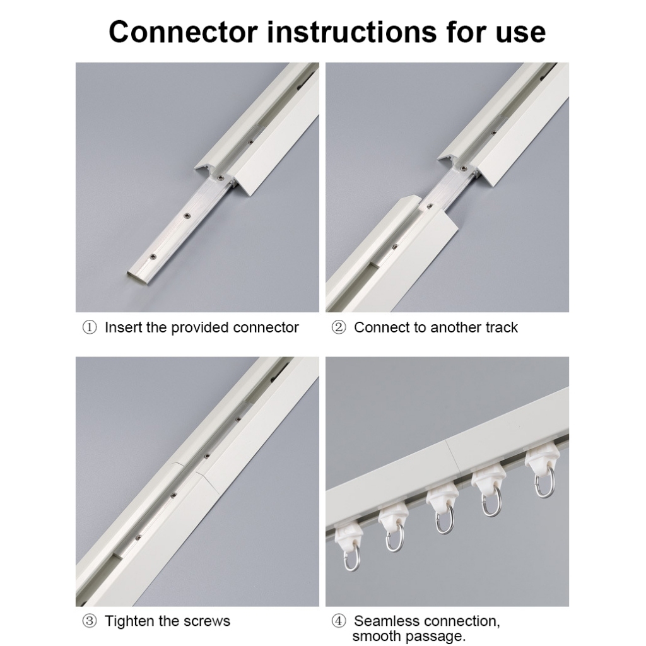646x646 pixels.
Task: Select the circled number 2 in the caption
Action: coord(339,328)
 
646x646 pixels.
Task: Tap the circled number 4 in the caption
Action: coord(339,621)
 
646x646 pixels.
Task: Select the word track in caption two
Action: coord(502,327)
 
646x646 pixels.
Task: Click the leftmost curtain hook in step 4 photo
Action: coord(348,556)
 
